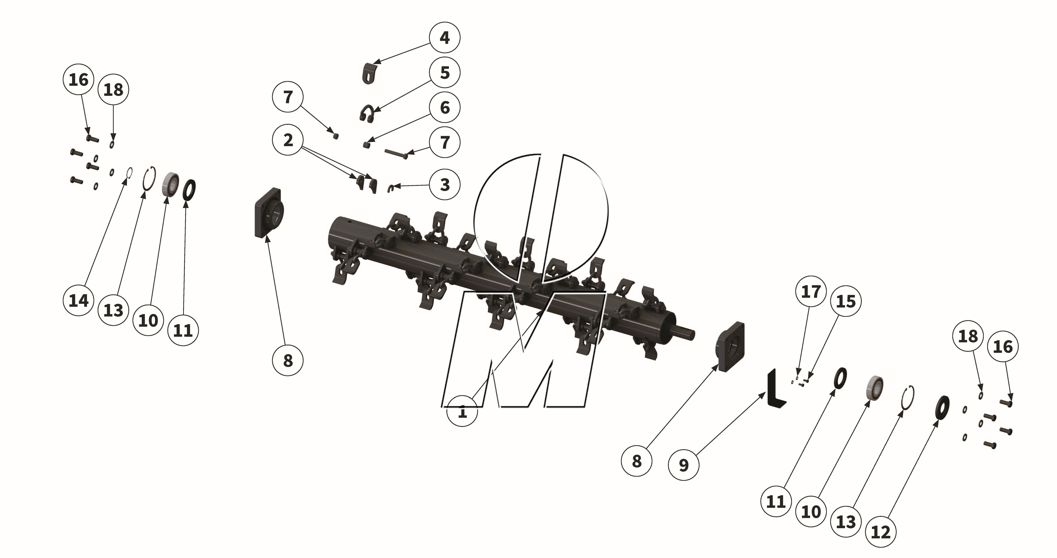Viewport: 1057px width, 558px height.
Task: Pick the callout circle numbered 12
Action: (881, 532)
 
